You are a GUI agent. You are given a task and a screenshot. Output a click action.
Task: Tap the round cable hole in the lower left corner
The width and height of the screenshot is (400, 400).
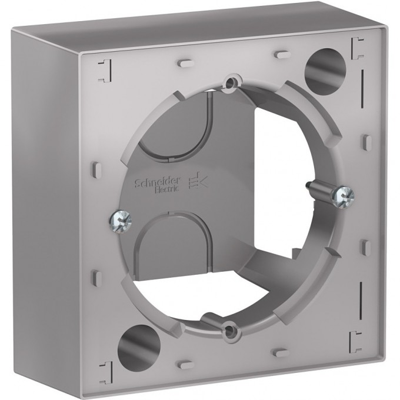pos(139,341)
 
